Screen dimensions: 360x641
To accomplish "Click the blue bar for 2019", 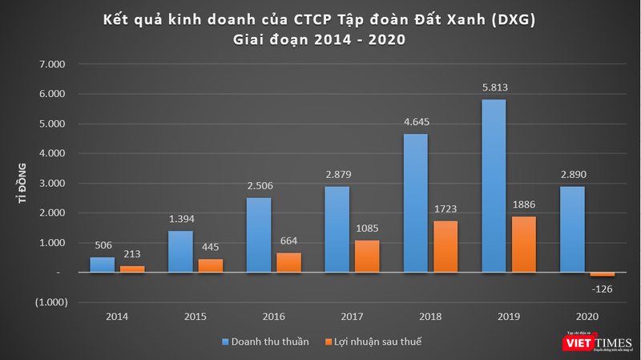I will pyautogui.click(x=494, y=186).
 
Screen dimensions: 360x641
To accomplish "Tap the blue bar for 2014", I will pyautogui.click(x=102, y=265).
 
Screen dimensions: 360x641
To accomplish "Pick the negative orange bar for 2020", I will pyautogui.click(x=602, y=275).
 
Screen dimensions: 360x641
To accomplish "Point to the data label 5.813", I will pyautogui.click(x=494, y=89).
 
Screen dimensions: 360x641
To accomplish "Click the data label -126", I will pyautogui.click(x=602, y=287).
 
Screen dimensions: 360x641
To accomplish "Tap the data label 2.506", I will pyautogui.click(x=259, y=187).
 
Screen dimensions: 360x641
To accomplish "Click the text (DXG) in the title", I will pyautogui.click(x=508, y=18).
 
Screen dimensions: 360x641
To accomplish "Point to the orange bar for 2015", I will pyautogui.click(x=211, y=265).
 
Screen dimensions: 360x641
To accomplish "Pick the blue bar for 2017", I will pyautogui.click(x=337, y=229).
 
